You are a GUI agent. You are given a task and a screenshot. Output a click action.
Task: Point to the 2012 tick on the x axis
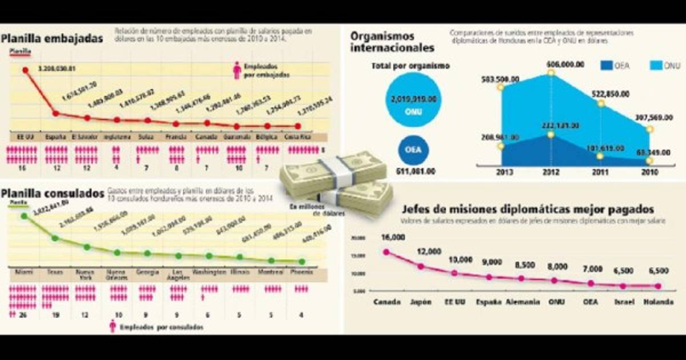point(550,173)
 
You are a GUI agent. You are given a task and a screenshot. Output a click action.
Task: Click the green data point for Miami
point(24,216)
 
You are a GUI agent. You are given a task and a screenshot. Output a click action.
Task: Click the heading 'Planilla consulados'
point(52,194)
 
